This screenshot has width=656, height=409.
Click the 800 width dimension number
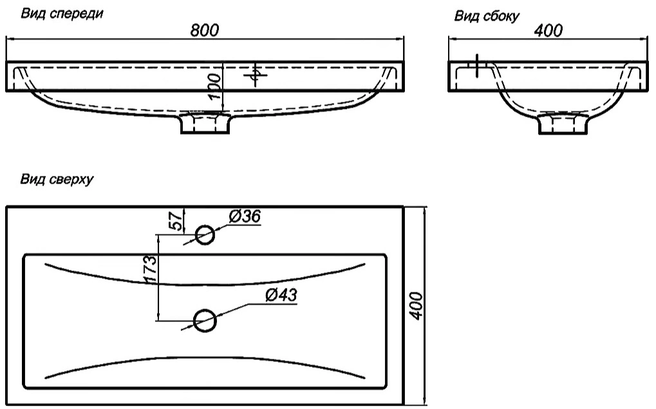tap(205, 30)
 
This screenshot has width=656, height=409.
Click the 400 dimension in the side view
tap(548, 30)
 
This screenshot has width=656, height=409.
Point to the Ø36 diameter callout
tap(245, 218)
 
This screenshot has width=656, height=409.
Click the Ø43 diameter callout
tap(281, 295)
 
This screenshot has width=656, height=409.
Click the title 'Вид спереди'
tap(62, 13)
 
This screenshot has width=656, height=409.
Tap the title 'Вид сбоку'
tap(487, 16)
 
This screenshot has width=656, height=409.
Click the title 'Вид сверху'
tap(57, 180)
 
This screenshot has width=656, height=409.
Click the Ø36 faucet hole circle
tap(205, 235)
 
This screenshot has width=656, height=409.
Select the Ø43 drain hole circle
tap(205, 319)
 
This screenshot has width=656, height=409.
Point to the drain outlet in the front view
tap(205, 123)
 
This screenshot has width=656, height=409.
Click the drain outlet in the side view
tap(563, 124)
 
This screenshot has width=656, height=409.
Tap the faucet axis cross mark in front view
tap(256, 76)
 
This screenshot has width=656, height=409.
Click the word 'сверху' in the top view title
tap(71, 180)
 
